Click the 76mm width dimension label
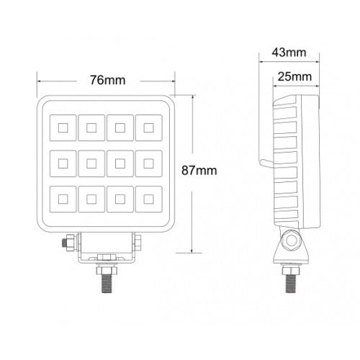coord(104,80)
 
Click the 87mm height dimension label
coord(200,171)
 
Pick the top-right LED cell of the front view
coord(148,129)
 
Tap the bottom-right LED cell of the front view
coord(148,199)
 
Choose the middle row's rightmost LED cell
coord(148,164)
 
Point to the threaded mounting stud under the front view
coord(105,277)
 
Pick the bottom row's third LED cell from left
coord(120,199)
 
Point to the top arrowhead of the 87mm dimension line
coord(191,97)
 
